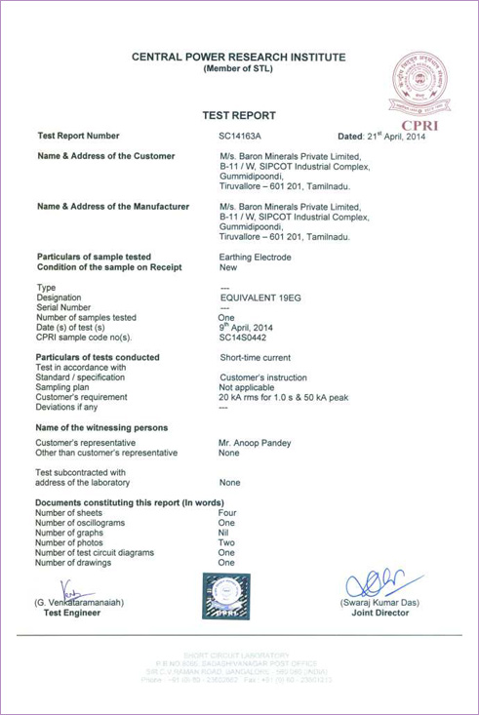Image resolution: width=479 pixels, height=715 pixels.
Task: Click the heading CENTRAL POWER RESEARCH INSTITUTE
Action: (x=238, y=58)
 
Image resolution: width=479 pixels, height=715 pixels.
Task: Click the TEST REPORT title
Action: (x=238, y=115)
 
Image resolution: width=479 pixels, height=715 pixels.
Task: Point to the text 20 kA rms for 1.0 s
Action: (x=268, y=397)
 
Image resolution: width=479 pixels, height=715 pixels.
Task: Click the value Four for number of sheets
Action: (x=227, y=512)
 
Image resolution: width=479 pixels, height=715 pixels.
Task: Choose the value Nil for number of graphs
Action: (x=223, y=533)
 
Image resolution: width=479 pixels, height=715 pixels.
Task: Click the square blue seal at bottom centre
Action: (x=226, y=595)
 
